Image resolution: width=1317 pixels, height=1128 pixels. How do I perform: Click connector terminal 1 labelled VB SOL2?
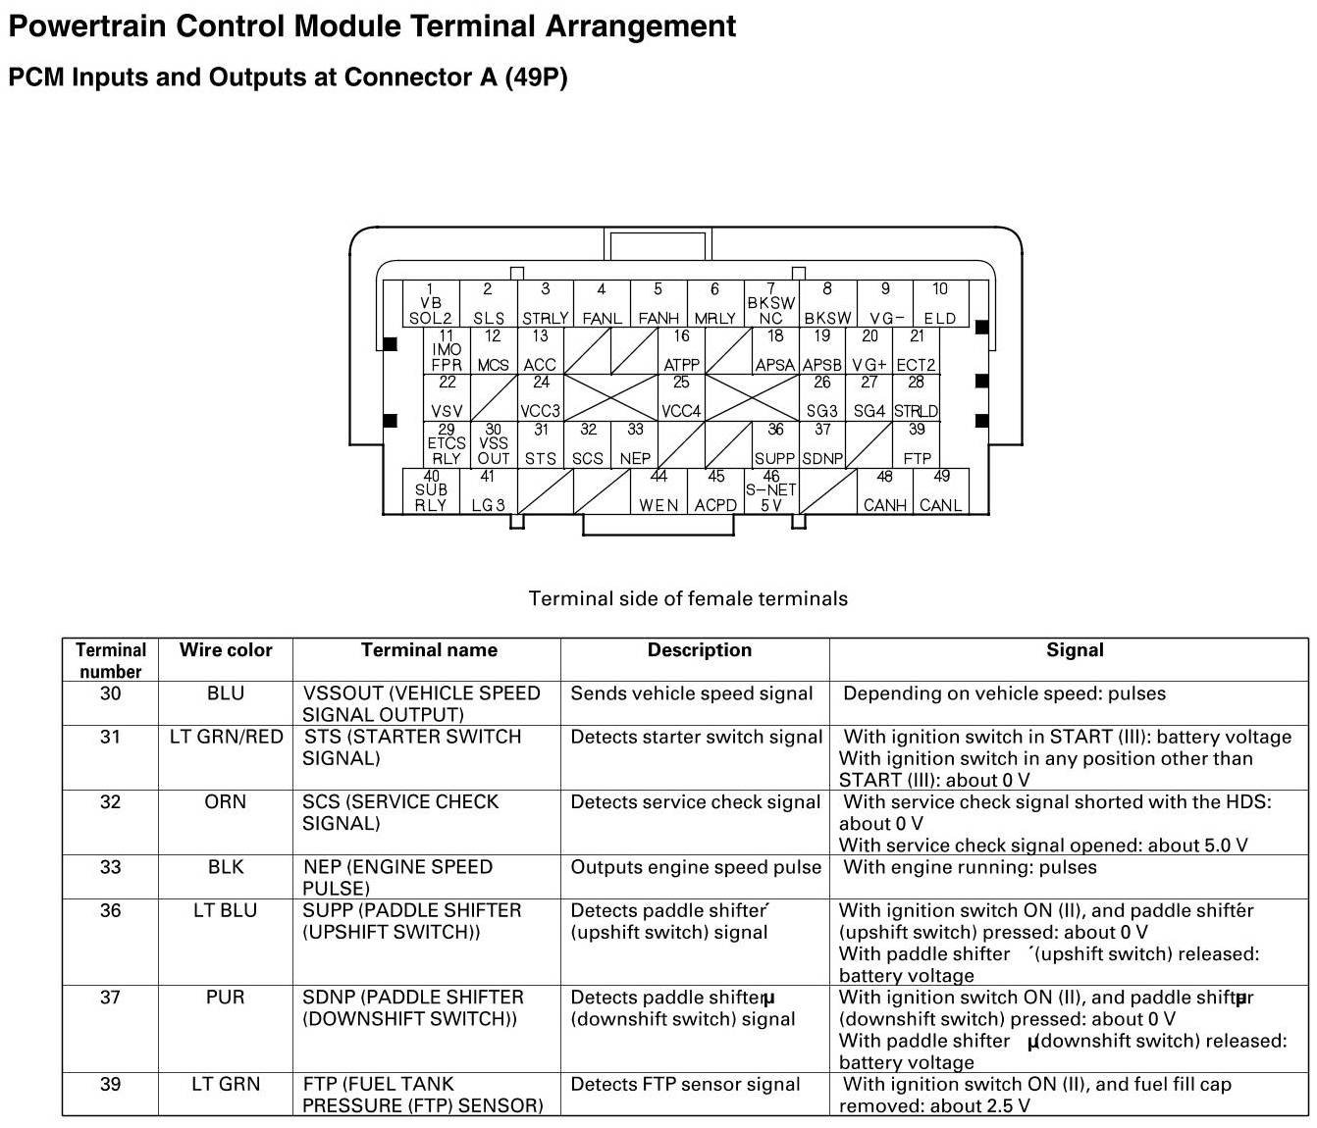coord(430,304)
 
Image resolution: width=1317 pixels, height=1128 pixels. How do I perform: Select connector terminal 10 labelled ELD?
coord(940,304)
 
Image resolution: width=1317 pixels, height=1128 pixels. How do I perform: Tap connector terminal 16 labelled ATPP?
coord(681,351)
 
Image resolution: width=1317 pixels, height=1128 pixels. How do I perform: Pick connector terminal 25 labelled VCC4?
coord(681,397)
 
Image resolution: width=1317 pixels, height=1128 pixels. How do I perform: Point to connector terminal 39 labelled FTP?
coord(917,444)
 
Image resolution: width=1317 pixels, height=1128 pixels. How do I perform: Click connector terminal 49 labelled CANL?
coord(940,491)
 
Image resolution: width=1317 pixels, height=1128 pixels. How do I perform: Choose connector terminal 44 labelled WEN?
coord(658,491)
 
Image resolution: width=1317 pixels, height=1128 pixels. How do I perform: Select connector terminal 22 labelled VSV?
coord(447,397)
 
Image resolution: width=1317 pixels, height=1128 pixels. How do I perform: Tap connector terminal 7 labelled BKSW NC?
coord(771,304)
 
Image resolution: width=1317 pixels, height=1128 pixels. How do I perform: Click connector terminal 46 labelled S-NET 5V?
coord(771,491)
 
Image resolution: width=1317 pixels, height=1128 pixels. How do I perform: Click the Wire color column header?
coord(226,650)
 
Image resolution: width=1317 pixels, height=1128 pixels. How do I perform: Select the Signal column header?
coord(1075,650)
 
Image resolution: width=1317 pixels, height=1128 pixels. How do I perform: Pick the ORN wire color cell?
coord(226,802)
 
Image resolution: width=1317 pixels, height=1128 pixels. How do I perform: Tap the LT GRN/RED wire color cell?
coord(226,737)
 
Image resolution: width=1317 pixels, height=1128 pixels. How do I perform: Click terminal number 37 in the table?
coord(110,998)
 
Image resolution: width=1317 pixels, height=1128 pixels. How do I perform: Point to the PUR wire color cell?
coord(226,998)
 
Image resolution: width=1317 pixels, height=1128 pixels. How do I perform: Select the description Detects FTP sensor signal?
coord(685,1084)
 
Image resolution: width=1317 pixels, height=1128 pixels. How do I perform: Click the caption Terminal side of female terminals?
coord(688,598)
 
